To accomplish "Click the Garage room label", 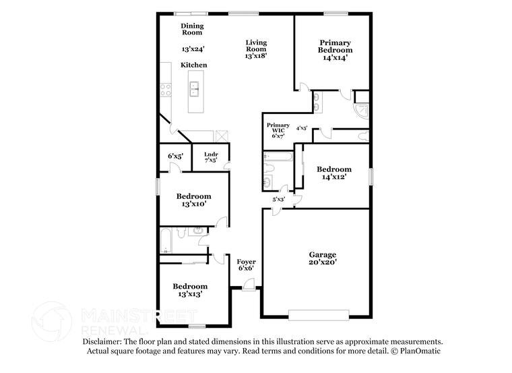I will [315, 254].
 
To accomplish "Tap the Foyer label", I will [245, 261].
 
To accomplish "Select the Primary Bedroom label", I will [335, 46].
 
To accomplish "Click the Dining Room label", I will [192, 28].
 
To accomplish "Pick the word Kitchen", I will [193, 65].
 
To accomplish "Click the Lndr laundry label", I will [211, 155].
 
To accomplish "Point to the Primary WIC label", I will [278, 126].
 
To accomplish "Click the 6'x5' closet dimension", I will [174, 156].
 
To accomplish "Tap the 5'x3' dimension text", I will [278, 199].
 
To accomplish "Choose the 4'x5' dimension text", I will [302, 127].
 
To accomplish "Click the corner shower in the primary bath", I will [362, 109].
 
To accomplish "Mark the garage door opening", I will [319, 314].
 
